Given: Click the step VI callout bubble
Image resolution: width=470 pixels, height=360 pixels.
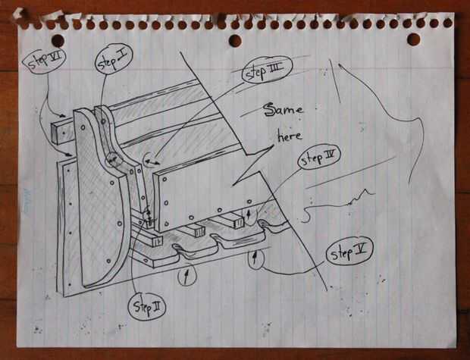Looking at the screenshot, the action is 43,61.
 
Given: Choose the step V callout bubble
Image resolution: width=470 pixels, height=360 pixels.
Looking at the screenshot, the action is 349,252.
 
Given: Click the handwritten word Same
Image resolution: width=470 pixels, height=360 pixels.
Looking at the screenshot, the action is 284,110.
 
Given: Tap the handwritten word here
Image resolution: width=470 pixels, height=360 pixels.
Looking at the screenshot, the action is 290,136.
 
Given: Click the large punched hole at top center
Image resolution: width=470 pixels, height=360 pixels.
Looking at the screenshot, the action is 235,40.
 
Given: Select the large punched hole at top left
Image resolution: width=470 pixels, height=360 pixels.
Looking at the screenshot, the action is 58,40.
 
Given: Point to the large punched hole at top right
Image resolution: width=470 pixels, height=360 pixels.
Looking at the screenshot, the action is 414,39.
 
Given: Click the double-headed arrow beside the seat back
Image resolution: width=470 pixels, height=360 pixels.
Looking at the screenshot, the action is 152,162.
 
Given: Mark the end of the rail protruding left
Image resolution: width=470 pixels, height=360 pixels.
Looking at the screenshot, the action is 55,133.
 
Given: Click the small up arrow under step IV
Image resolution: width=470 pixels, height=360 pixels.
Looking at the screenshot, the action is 248,214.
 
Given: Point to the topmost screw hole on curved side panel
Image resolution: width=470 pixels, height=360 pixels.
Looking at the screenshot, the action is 83,127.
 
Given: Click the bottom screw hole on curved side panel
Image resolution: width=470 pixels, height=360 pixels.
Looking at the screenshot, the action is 108,261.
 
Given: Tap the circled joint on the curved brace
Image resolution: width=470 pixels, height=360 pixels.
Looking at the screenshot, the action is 114,160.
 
